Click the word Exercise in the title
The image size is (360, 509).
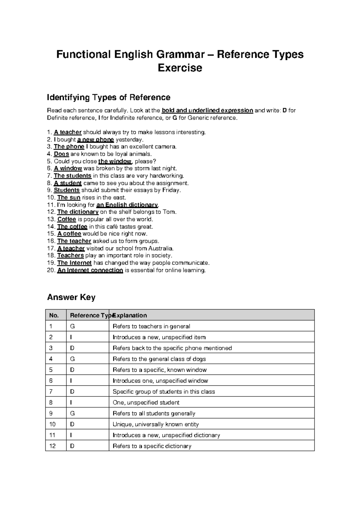click(x=180, y=68)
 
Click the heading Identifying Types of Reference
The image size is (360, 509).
click(x=109, y=97)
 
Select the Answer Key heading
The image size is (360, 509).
click(x=71, y=297)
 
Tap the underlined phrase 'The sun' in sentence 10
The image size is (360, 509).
click(x=69, y=197)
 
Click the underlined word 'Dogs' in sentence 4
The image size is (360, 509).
click(x=61, y=154)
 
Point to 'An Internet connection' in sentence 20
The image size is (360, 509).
click(x=90, y=270)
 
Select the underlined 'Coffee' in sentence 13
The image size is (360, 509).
click(x=67, y=219)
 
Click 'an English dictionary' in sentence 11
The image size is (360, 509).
click(x=127, y=205)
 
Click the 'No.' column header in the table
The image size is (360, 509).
click(x=54, y=315)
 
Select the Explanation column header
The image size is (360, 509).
click(x=130, y=315)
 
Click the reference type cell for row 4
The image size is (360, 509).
click(x=72, y=359)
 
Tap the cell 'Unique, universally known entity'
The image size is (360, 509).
click(x=155, y=424)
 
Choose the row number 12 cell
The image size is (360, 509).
click(x=52, y=446)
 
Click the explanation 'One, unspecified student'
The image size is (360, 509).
click(x=146, y=402)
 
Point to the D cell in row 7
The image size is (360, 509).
click(x=72, y=392)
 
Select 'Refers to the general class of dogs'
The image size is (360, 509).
click(x=159, y=359)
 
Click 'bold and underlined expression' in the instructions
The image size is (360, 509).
click(x=207, y=110)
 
